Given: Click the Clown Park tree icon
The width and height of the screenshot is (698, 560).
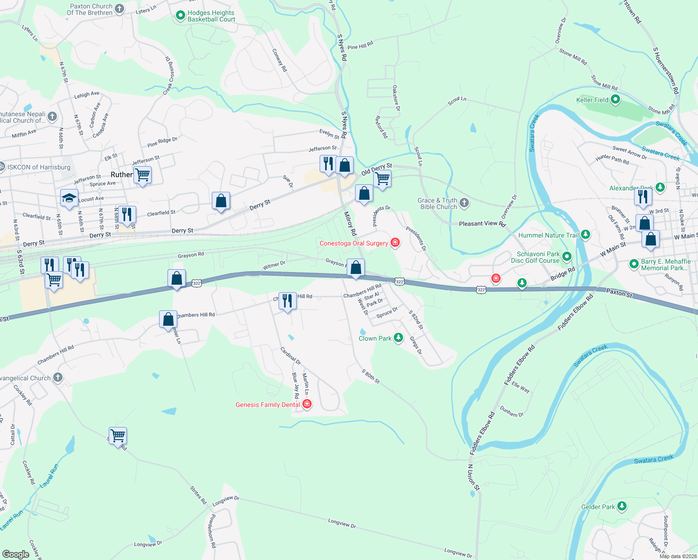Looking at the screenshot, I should click(x=398, y=338).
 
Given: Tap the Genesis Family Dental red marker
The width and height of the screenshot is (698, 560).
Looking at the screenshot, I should click(x=307, y=404).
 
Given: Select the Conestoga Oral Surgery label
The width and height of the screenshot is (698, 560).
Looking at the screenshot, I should click(x=354, y=243).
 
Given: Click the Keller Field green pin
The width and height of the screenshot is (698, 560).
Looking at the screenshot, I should click(x=615, y=99).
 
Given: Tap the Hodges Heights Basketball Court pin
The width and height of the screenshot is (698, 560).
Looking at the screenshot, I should click(x=180, y=16).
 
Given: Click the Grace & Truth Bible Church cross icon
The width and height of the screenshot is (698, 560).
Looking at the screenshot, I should click(x=464, y=203).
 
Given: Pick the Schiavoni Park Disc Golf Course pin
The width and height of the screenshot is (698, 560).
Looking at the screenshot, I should click(x=566, y=257).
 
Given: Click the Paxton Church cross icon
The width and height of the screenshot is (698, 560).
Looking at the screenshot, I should click(x=119, y=8).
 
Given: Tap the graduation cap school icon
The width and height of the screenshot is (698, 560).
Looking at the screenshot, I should click(x=69, y=198).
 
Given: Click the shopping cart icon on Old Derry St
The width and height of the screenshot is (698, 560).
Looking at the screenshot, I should click(x=382, y=178).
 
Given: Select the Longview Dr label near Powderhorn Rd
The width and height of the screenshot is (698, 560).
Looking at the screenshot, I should click(x=226, y=501).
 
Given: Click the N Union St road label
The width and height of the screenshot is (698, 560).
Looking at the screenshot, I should click(x=474, y=477).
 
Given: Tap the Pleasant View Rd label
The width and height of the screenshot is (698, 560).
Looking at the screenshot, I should click(x=482, y=224).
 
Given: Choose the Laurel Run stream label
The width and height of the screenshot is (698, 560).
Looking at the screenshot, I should click(x=49, y=476).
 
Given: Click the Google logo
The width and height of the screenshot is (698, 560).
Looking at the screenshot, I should click(x=16, y=554).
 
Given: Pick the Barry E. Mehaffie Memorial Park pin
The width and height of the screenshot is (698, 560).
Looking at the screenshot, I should click(x=634, y=264).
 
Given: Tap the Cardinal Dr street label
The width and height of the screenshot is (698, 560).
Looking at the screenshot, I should click(x=291, y=356).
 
